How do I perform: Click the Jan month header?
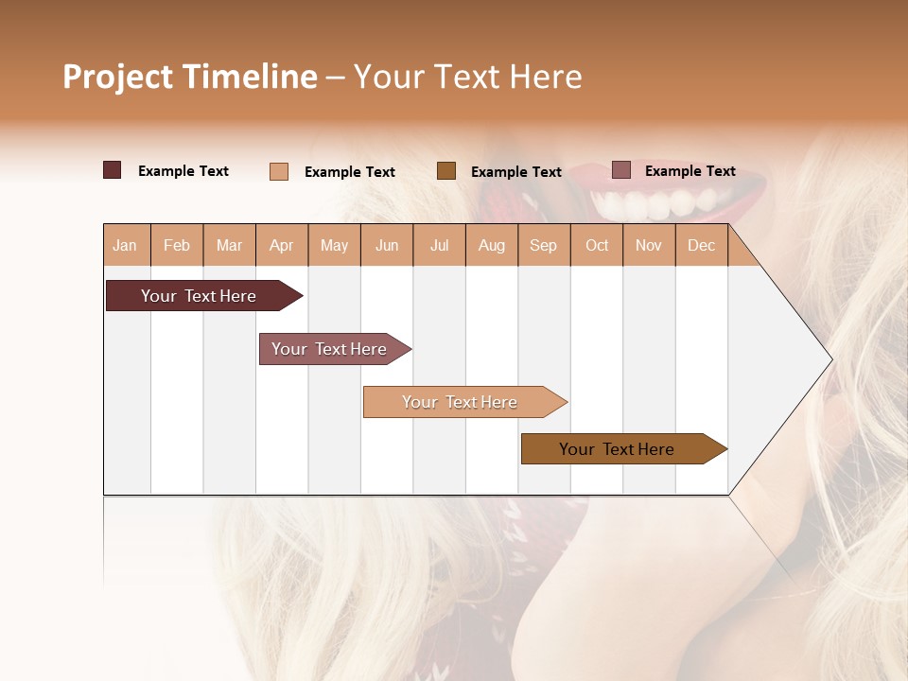126,245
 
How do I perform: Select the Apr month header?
282,245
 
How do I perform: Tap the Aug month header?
492,245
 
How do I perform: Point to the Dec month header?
701,245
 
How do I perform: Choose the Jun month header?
387,245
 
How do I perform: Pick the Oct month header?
597,245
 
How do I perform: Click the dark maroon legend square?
113,170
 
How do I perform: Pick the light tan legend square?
279,171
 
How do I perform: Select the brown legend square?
446,170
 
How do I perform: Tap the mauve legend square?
621,170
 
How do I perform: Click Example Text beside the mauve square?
690,171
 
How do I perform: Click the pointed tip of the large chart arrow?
829,359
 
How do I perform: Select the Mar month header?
230,245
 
